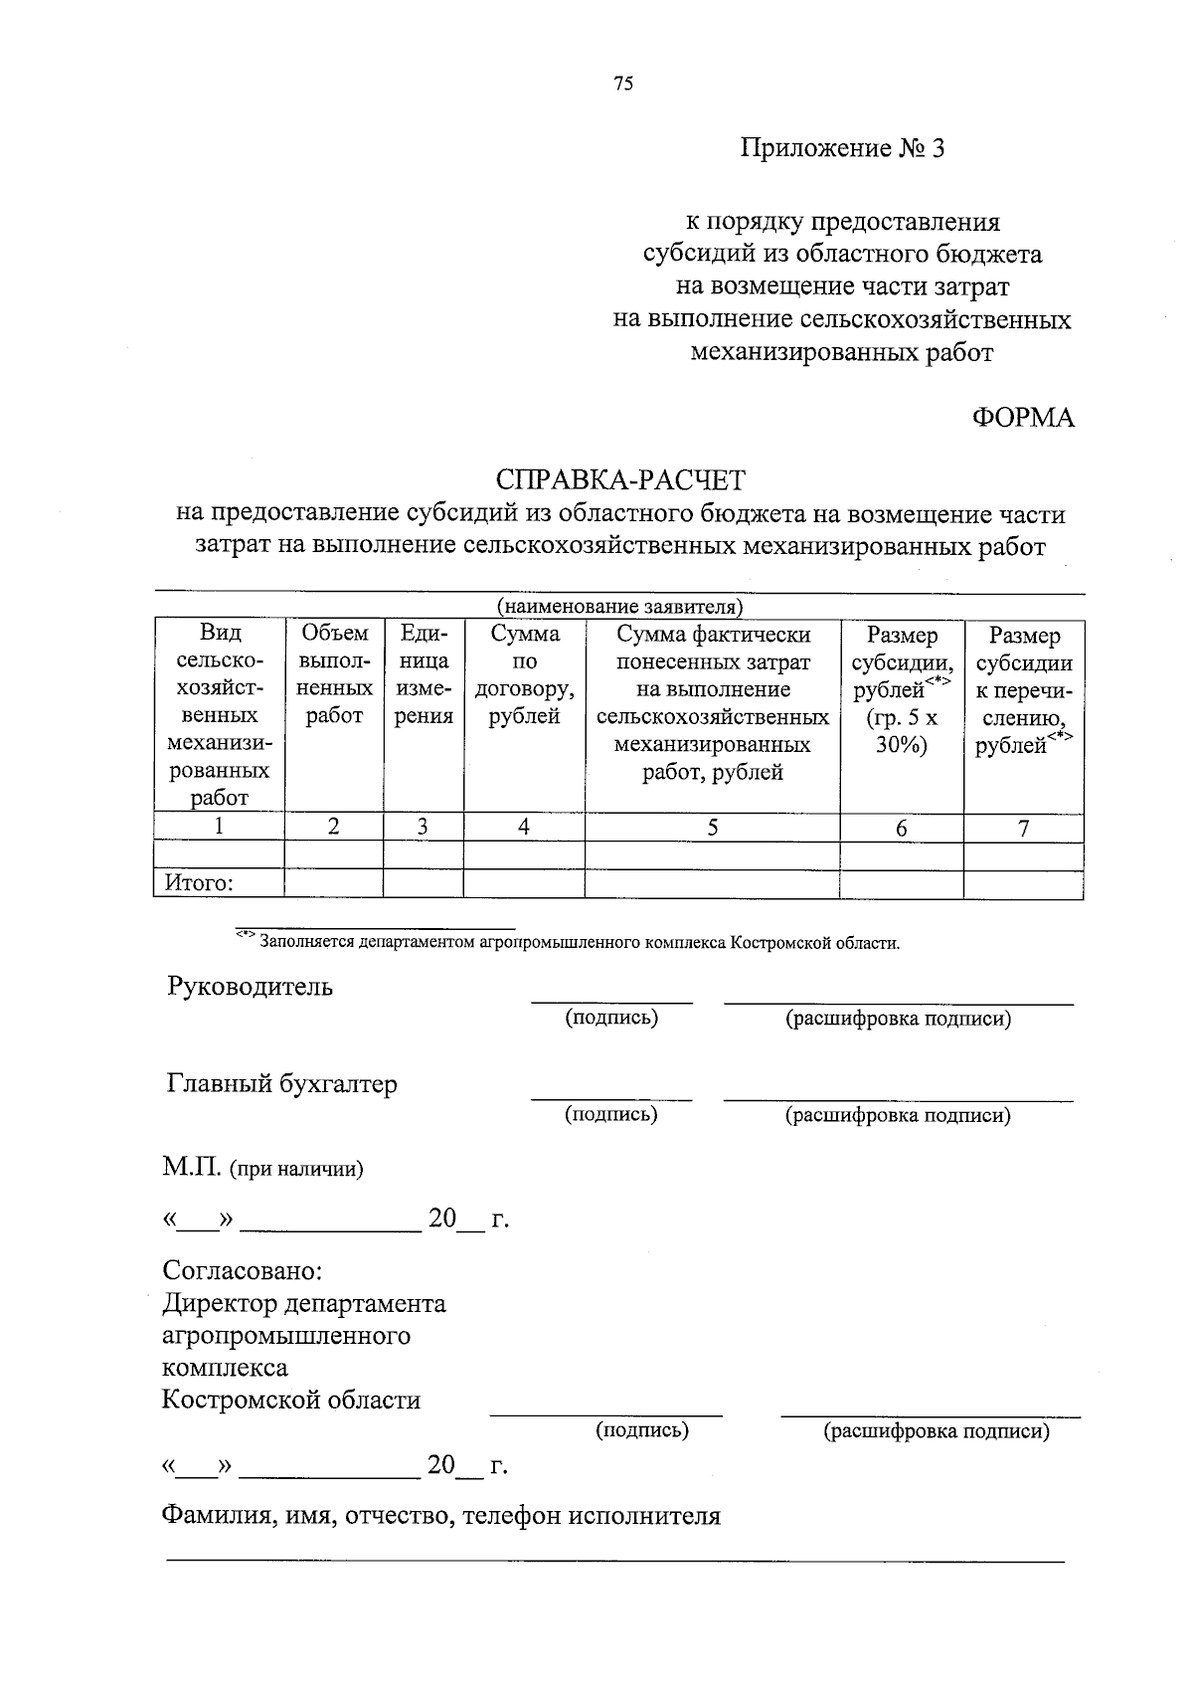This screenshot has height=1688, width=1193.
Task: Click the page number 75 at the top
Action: (x=623, y=84)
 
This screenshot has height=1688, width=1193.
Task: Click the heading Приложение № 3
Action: (x=841, y=149)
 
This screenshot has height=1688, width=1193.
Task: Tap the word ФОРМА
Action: (x=1023, y=418)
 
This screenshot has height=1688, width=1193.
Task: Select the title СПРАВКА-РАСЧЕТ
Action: (x=620, y=480)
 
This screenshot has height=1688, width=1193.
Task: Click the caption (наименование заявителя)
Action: (x=620, y=607)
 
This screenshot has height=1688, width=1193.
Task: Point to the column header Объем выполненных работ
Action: (x=334, y=674)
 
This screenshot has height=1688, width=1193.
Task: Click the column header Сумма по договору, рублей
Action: (x=524, y=674)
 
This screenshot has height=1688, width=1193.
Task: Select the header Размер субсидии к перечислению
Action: (x=1024, y=688)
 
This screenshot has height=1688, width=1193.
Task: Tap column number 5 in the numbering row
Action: (x=712, y=828)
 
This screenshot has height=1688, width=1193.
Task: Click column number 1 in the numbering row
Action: (x=219, y=827)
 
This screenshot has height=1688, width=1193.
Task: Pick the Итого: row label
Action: (x=199, y=883)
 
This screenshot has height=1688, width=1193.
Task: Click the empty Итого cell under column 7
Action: (x=1023, y=884)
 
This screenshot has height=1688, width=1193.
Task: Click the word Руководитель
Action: (x=250, y=987)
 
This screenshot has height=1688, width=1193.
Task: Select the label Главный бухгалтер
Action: (x=281, y=1083)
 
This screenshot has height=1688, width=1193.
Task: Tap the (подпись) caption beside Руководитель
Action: (x=611, y=1018)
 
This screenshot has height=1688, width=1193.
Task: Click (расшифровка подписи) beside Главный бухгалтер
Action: (x=898, y=1115)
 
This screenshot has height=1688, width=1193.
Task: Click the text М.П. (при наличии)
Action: (x=263, y=1169)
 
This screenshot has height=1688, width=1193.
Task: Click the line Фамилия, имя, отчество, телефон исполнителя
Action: (x=440, y=1515)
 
